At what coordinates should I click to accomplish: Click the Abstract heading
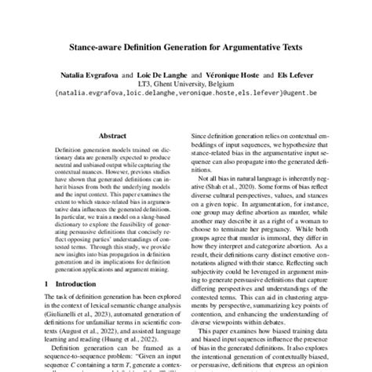106,135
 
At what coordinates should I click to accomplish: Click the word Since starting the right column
202,136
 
